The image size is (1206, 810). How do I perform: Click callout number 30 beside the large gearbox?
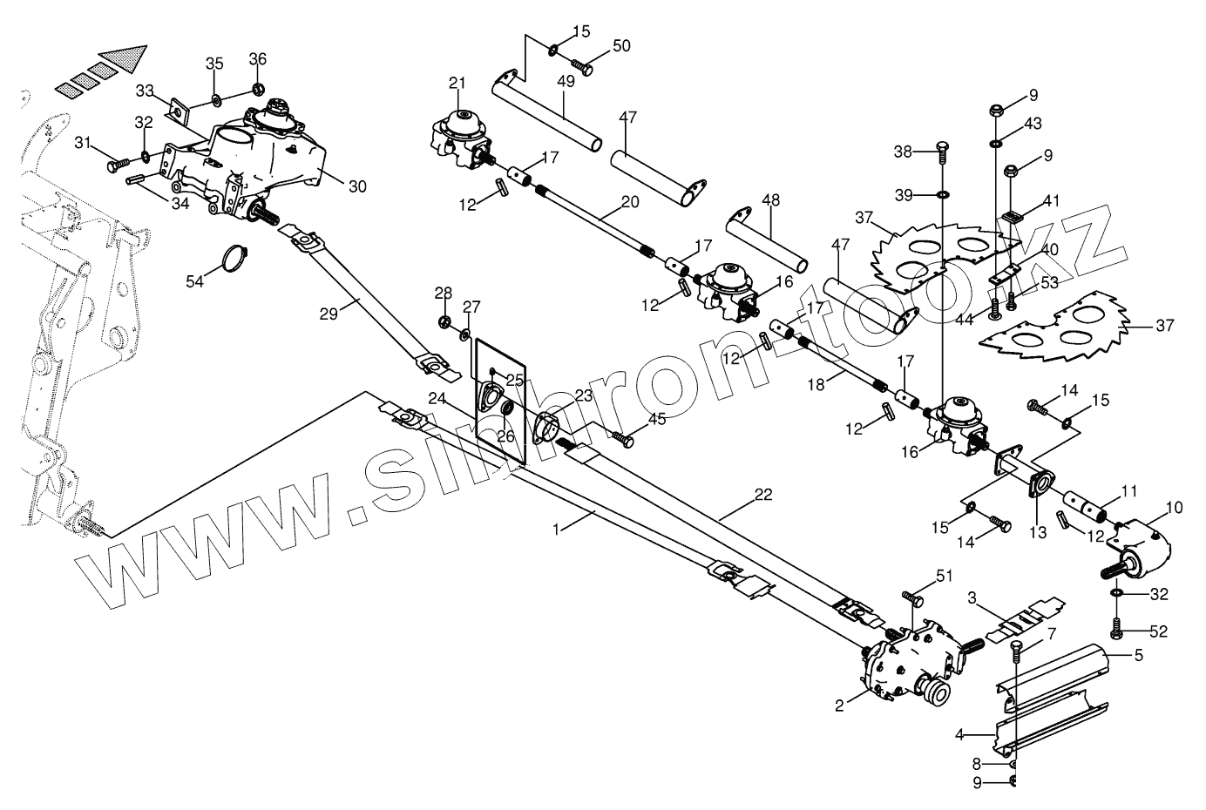point(357,186)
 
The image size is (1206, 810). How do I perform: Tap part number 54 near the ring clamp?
point(196,280)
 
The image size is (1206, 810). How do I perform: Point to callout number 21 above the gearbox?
point(457,84)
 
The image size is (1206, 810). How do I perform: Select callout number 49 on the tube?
point(566,82)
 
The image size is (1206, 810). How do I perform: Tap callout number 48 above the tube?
point(770,199)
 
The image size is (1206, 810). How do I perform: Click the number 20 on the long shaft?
point(629,202)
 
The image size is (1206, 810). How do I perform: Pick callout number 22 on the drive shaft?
point(762,495)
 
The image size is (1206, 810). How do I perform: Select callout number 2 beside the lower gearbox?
point(839,706)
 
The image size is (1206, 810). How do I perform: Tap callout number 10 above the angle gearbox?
point(1174,507)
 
